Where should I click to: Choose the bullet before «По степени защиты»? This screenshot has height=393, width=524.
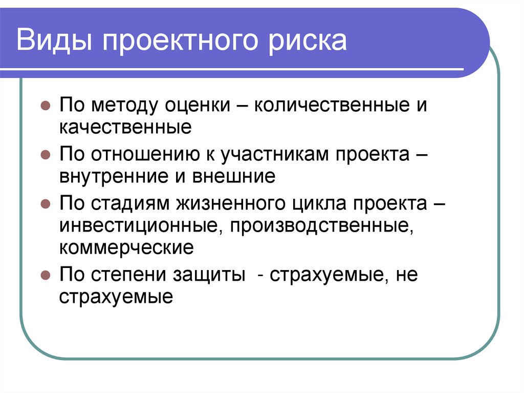click(45, 275)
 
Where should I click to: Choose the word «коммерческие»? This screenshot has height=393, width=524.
click(126, 248)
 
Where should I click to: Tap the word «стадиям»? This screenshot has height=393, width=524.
click(133, 202)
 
